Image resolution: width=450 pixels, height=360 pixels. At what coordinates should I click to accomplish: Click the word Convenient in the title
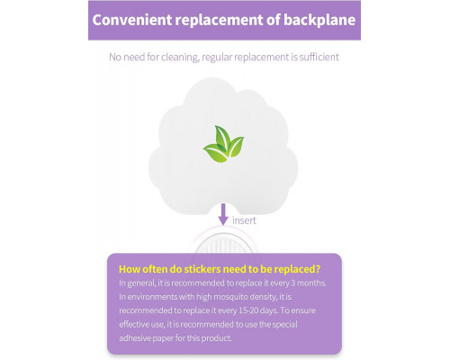[132, 20]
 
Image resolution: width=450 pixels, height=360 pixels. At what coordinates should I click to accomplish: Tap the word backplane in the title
[319, 21]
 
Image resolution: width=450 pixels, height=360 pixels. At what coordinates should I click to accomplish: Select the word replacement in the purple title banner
[219, 21]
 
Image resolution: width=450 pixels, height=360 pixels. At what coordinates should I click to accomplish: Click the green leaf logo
[224, 144]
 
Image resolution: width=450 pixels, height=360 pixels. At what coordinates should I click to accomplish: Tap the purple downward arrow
[223, 214]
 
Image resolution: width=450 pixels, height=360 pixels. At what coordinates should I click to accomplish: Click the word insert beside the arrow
[244, 220]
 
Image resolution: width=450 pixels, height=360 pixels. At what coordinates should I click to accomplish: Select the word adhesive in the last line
[135, 338]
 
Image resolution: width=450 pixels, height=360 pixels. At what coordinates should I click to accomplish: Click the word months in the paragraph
[311, 283]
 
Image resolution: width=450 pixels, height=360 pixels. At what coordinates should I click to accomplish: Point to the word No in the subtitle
[115, 57]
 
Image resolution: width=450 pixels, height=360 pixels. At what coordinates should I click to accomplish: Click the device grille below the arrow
[224, 244]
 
